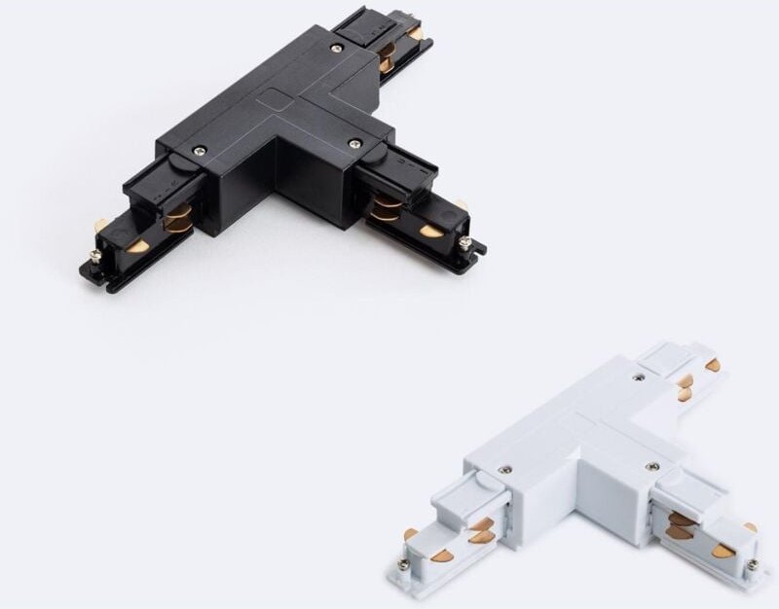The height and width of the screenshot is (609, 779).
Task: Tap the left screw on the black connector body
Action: point(200,150)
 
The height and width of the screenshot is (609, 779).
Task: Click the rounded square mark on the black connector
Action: point(276,101)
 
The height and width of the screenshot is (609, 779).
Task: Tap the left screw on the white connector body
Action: point(504,470)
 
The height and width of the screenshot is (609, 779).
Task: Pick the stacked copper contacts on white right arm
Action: point(682,526)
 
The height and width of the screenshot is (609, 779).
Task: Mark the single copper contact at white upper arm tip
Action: point(714,366)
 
